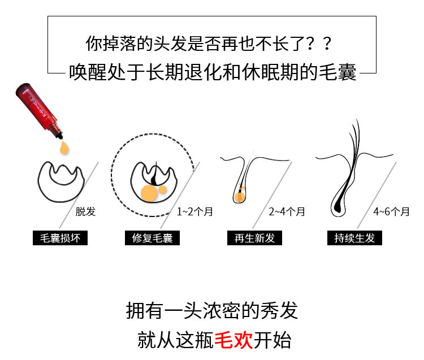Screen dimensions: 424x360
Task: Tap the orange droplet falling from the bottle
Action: coord(64,148)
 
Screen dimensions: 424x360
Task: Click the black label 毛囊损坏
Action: coord(60,238)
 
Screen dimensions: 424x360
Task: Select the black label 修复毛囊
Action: coord(152,238)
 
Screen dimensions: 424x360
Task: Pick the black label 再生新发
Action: coord(254,238)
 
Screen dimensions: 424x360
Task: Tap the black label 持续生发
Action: coord(354,238)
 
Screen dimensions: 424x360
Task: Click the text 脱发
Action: coord(85,211)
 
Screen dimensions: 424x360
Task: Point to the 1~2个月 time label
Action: coord(194,211)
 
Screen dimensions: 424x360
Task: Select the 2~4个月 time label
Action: coord(287,211)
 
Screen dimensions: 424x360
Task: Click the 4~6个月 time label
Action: coord(391,211)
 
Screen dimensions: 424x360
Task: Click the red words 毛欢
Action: coord(233,340)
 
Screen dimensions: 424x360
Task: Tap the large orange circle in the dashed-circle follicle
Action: coord(149,193)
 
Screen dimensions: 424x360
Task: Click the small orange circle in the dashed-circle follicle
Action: coord(162,190)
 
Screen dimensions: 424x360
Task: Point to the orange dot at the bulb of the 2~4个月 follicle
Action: coord(239,197)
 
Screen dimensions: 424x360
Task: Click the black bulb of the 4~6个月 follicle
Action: coord(338,205)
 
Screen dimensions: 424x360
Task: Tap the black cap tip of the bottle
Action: coord(60,136)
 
